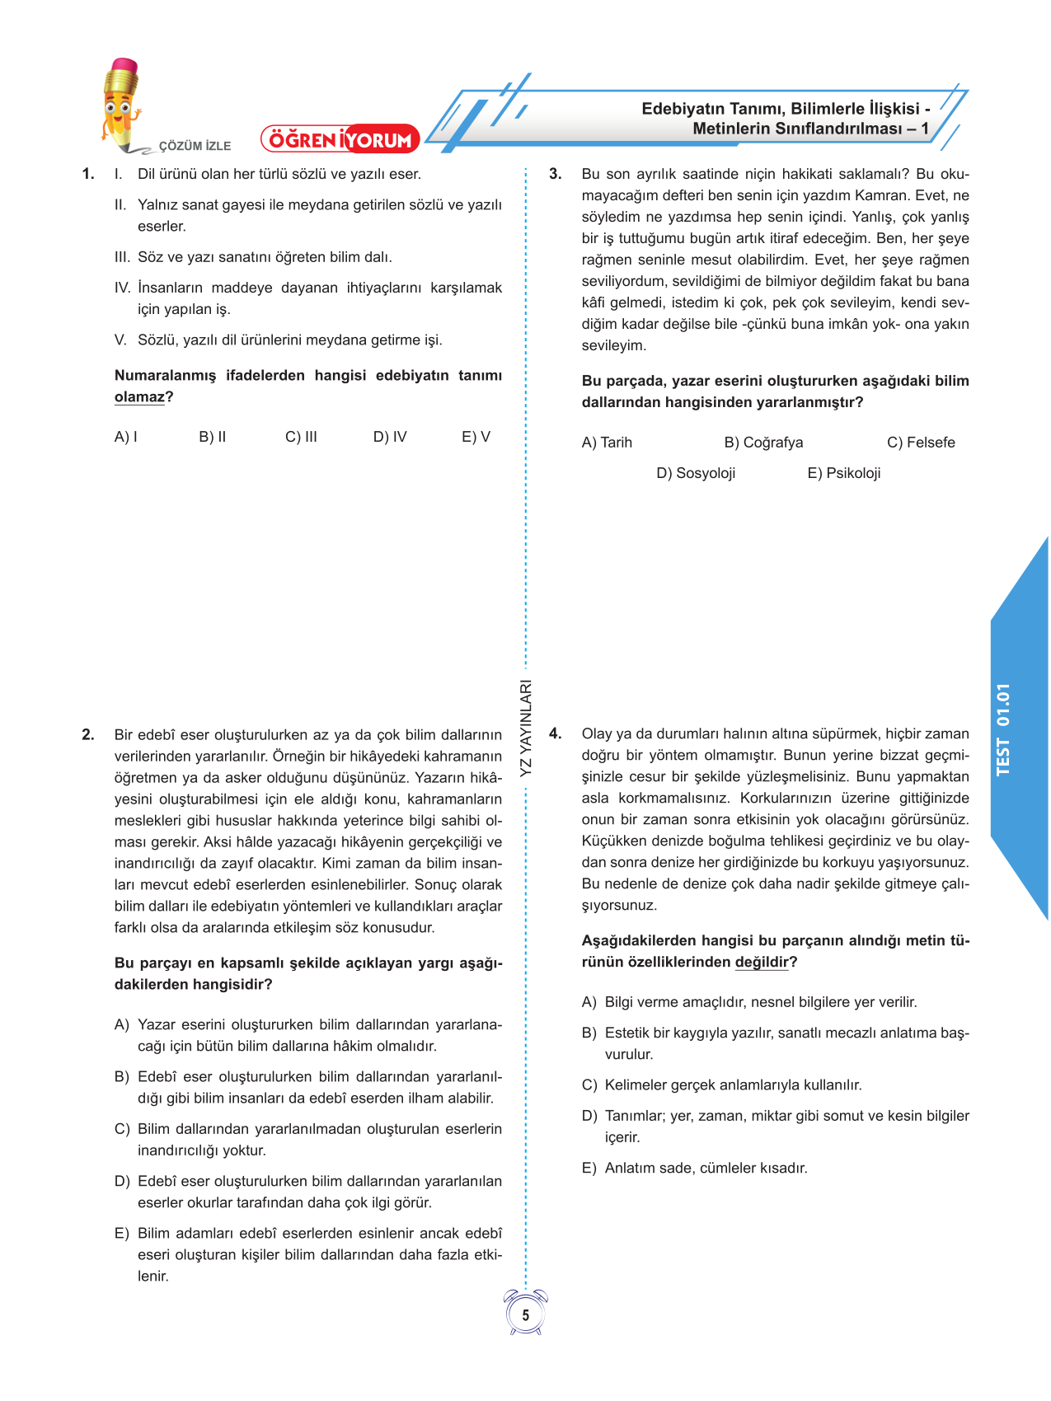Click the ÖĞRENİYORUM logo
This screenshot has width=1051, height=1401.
tap(340, 139)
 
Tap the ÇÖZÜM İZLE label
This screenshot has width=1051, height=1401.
tap(195, 146)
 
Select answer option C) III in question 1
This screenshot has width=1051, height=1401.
tap(301, 437)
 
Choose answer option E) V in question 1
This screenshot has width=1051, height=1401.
tap(476, 437)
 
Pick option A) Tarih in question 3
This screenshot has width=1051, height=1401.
tap(607, 443)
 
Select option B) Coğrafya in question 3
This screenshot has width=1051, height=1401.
tap(763, 443)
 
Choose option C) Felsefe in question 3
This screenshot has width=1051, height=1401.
tap(921, 443)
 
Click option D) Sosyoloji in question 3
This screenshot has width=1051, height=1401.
tap(696, 473)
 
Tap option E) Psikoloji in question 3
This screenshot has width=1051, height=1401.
tap(844, 473)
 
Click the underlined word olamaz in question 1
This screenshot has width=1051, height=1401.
tap(139, 397)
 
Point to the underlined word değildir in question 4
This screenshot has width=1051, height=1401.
tap(762, 963)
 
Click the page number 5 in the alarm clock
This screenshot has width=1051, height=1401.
tap(526, 1315)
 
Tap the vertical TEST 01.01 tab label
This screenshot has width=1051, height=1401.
tap(1002, 729)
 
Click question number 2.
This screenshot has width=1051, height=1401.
tap(88, 735)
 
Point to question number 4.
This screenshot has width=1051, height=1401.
tap(556, 733)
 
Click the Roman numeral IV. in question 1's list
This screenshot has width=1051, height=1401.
tap(122, 288)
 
